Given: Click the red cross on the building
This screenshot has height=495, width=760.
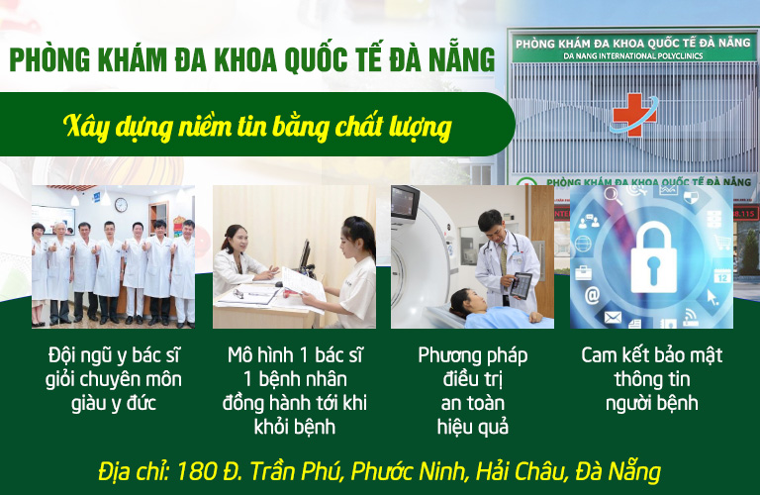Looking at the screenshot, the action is [634, 115].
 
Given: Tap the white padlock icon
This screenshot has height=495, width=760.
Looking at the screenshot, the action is [653, 257].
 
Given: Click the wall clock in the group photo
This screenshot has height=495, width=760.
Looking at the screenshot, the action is [121, 205].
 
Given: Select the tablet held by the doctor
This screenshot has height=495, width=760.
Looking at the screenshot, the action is [521, 285].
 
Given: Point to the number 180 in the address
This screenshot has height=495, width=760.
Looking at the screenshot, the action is [196, 471].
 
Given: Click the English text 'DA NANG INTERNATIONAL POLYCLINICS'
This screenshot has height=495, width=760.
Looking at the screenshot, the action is [633, 55].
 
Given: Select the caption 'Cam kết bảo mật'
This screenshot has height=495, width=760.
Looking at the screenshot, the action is [652, 355].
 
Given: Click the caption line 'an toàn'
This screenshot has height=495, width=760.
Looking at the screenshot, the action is [473, 403].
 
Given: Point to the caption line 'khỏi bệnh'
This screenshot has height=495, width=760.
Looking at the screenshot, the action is [295, 427].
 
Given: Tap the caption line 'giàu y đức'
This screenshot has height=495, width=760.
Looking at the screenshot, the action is [114, 403].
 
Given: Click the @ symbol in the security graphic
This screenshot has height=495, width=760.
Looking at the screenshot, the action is [592, 295].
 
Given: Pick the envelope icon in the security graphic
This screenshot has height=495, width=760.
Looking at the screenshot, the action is [613, 318].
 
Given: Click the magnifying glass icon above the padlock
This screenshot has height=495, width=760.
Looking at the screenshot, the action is [614, 195].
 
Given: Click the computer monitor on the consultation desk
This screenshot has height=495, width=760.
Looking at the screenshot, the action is [305, 255].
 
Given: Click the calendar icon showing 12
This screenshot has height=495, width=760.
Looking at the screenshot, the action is [722, 276].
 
